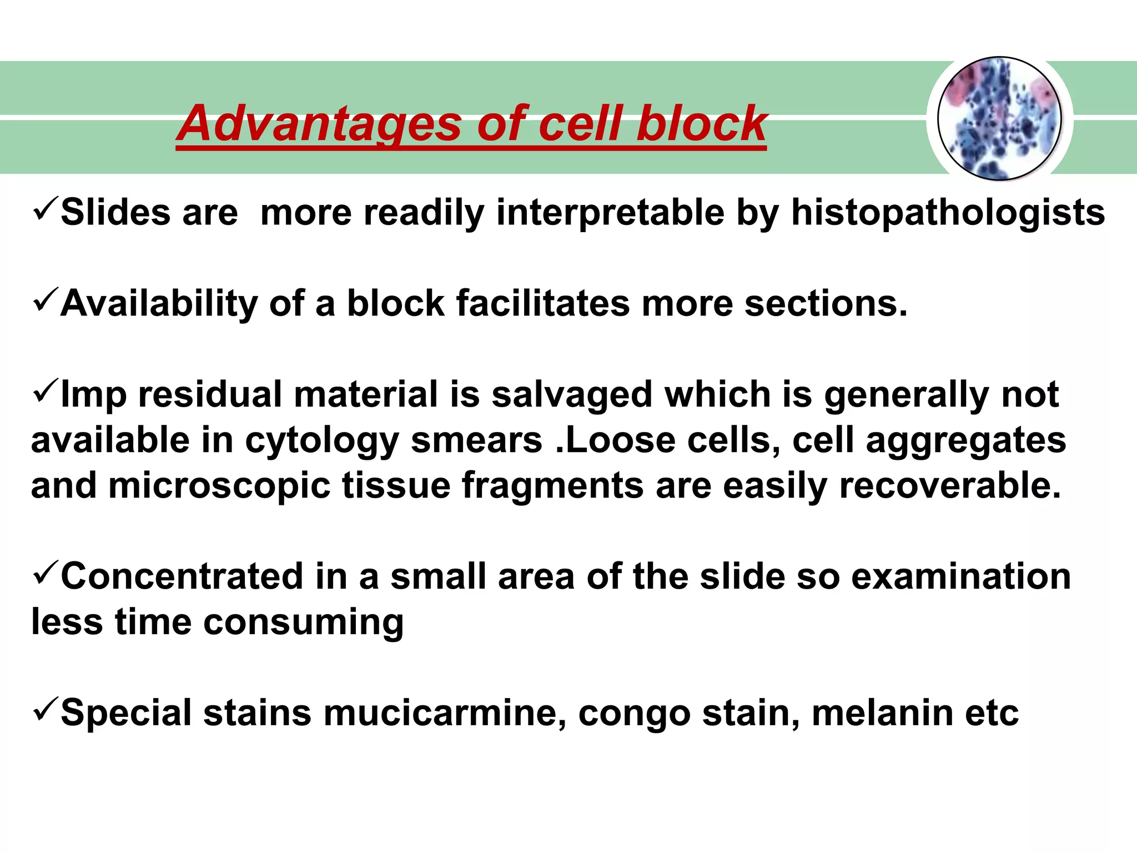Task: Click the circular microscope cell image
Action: click(x=999, y=119)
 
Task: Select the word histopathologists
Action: click(x=948, y=213)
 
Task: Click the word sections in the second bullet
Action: click(x=826, y=304)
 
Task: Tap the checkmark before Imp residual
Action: click(x=45, y=392)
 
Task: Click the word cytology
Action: click(x=322, y=441)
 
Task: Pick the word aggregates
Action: click(x=966, y=441)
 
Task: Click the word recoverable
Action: click(x=950, y=486)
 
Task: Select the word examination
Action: click(x=961, y=576)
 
